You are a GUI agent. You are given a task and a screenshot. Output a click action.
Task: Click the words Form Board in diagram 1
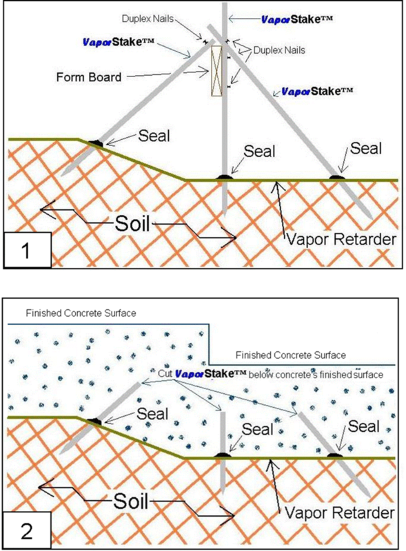click(89, 77)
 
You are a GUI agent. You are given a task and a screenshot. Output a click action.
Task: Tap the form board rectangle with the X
click(216, 71)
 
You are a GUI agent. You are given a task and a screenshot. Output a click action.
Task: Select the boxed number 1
click(26, 251)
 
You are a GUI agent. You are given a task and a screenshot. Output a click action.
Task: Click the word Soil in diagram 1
click(132, 223)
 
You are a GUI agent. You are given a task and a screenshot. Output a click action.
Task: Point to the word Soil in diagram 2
click(130, 501)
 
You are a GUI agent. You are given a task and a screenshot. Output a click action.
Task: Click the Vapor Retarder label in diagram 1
click(341, 240)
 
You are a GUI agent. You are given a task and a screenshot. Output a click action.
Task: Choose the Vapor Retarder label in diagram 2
click(340, 513)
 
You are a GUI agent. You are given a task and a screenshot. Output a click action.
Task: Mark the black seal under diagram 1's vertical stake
click(224, 177)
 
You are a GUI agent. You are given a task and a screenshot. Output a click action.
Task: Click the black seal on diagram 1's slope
click(95, 143)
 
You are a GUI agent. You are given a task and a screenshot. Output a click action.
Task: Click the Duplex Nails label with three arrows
click(279, 50)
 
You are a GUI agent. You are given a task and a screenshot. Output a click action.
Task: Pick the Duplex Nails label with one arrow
click(148, 19)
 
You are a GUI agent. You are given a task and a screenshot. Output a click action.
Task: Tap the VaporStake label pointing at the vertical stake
click(297, 19)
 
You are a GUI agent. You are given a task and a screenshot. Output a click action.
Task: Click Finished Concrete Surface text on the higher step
click(81, 313)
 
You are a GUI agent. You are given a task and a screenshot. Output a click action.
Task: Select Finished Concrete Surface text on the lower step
click(291, 355)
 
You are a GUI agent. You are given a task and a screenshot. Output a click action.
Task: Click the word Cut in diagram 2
click(165, 373)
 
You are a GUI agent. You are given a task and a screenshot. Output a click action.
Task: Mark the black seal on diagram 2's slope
click(94, 421)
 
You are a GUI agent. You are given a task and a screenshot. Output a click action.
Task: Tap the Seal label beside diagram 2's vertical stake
click(258, 429)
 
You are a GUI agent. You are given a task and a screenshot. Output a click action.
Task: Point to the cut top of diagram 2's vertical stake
click(223, 413)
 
